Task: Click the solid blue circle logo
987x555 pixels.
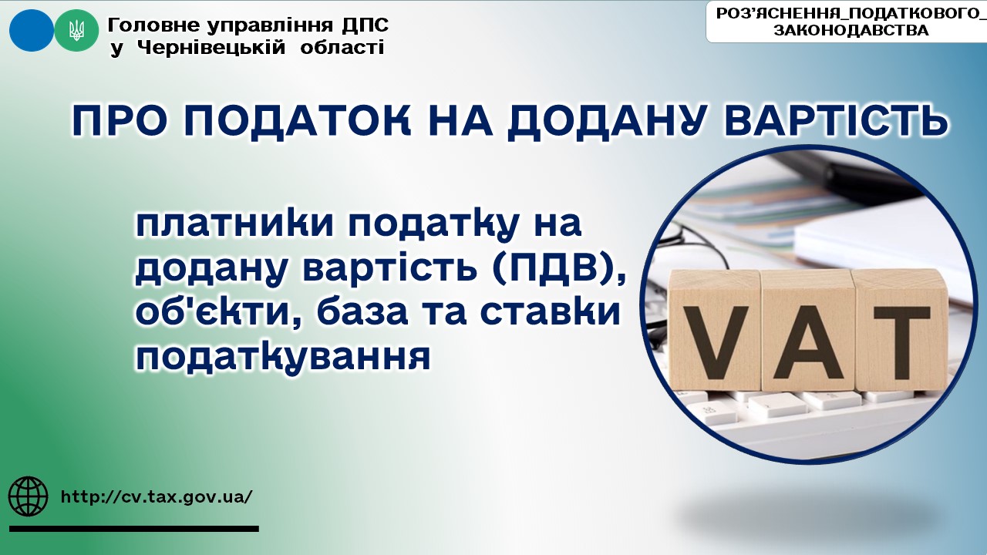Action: [x=32, y=30]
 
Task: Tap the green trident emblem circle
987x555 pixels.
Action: [x=76, y=30]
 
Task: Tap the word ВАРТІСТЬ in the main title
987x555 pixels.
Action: [x=837, y=119]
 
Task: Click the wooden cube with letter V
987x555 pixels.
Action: [x=714, y=331]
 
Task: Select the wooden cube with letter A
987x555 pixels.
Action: [x=807, y=331]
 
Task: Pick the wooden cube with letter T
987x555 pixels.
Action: [x=900, y=331]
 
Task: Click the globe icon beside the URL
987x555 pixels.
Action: [x=29, y=496]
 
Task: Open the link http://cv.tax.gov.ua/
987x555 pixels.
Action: [x=157, y=497]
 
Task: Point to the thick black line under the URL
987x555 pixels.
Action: [x=134, y=529]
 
